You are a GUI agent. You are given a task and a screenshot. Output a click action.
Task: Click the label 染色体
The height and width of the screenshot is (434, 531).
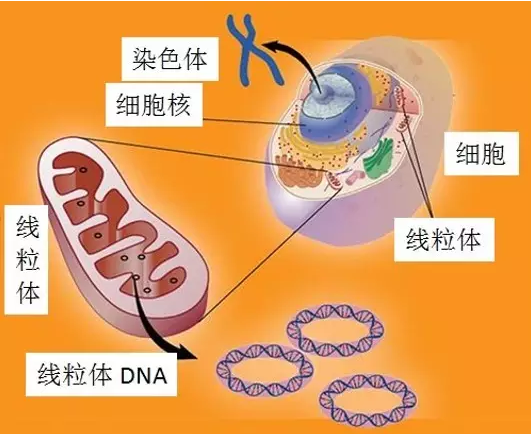point(170,59)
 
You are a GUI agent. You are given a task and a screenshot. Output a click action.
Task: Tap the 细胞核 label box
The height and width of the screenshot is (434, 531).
point(154,105)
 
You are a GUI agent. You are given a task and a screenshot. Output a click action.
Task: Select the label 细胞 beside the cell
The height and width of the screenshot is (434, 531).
point(481,153)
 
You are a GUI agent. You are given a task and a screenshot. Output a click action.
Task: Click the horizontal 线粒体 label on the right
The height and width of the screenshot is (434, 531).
point(444,240)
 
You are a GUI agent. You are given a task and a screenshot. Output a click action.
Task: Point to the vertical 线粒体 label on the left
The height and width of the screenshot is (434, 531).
point(26,260)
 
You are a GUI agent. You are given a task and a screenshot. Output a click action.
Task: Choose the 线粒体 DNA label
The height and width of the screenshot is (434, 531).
point(101,375)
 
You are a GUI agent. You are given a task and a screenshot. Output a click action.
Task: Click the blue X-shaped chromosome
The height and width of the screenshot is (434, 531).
point(256,49)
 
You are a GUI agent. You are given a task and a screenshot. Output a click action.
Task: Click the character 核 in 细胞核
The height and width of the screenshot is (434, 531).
point(179,105)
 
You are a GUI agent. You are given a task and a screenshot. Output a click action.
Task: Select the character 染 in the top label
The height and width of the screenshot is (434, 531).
point(144,59)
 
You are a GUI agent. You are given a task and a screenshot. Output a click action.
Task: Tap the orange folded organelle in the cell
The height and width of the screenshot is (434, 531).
point(297,172)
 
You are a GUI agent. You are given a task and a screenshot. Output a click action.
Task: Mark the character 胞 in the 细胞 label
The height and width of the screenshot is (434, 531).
point(494,153)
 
